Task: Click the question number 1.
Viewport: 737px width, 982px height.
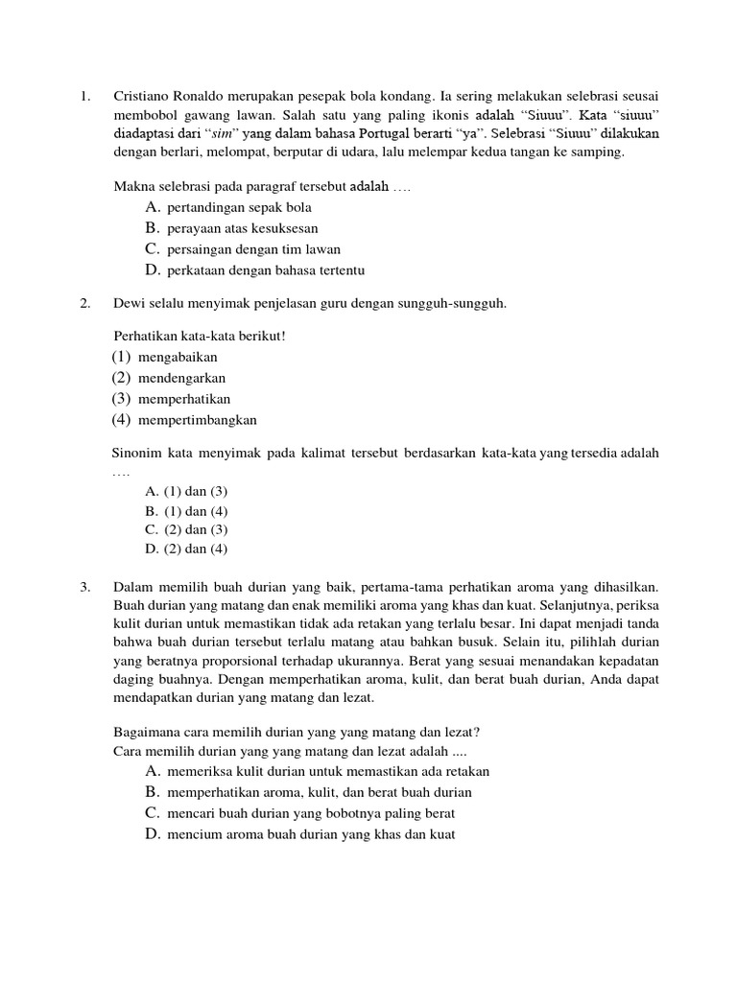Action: pos(84,97)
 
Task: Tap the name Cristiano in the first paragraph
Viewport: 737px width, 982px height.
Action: pos(143,97)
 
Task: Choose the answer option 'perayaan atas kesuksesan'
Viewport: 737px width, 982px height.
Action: pos(242,228)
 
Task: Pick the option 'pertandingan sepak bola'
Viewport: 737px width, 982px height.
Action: pos(239,207)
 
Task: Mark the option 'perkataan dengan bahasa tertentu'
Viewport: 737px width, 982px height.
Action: pos(265,270)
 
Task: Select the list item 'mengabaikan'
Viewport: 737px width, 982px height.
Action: pos(178,357)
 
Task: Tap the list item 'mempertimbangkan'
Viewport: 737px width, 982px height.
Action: pos(197,419)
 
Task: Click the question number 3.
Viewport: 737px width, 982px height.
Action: pos(84,586)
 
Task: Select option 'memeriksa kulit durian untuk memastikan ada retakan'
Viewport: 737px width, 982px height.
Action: pos(327,771)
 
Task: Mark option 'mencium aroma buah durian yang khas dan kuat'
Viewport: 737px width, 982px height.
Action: pos(310,834)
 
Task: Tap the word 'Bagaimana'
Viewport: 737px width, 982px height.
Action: pos(147,731)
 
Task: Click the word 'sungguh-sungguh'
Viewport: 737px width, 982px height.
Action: pos(456,304)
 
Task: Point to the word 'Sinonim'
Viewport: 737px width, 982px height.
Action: pos(138,453)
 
